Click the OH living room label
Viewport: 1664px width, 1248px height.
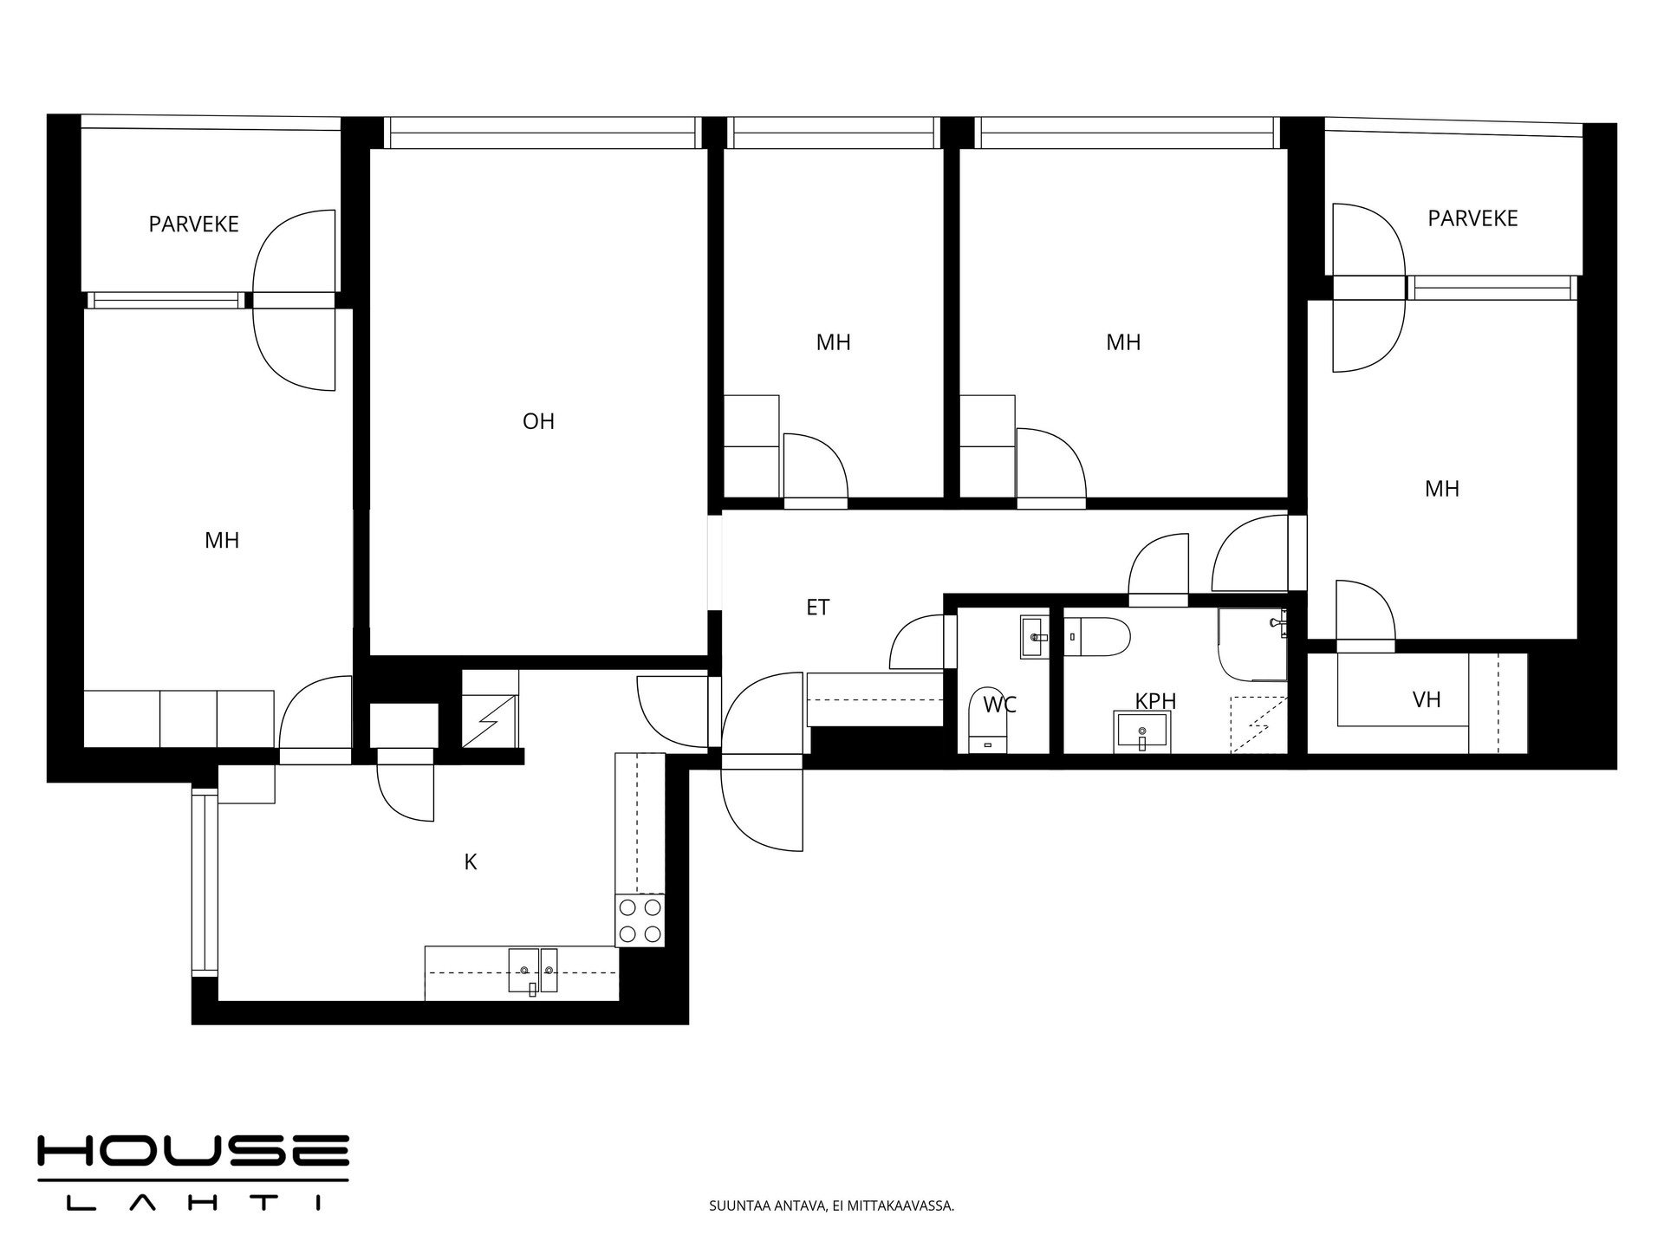[x=538, y=421]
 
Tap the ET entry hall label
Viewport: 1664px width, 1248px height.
[x=818, y=608]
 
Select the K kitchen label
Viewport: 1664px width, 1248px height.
[x=471, y=861]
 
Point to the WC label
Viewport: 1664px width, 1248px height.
[x=999, y=705]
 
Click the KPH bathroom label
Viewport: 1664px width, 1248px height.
[x=1155, y=700]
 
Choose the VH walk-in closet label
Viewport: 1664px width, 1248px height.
[x=1427, y=699]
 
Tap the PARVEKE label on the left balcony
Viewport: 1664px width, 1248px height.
[x=193, y=224]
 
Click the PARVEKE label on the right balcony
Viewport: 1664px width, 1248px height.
[x=1472, y=218]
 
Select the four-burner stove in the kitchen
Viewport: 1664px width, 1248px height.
[x=640, y=920]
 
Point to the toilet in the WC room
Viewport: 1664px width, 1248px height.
[x=987, y=720]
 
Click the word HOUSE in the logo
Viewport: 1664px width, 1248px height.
[x=193, y=1151]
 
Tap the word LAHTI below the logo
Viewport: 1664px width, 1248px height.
[x=193, y=1203]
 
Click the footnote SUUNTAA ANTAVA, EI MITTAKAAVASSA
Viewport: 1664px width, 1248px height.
[x=831, y=1206]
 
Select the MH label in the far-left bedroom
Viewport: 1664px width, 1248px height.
[x=222, y=541]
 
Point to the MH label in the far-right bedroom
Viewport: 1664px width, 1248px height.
[x=1442, y=489]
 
